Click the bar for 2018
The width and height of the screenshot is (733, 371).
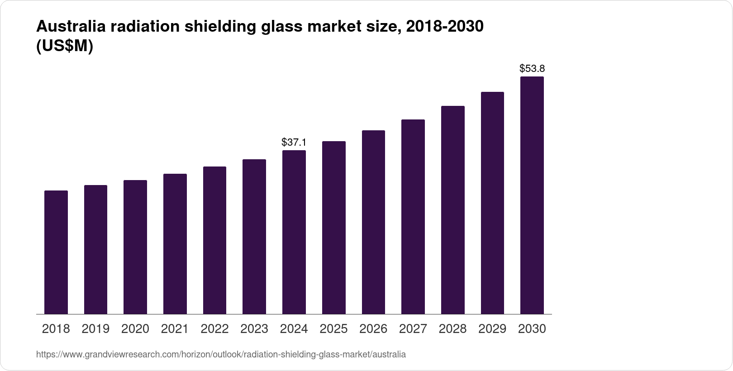point(56,252)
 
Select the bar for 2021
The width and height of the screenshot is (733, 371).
point(175,244)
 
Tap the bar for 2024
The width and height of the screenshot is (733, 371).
point(294,232)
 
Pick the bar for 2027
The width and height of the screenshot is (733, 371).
point(413,217)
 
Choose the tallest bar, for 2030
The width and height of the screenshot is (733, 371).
point(532,195)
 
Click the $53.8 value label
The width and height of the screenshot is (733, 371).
point(532,69)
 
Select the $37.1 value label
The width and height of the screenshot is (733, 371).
point(294,143)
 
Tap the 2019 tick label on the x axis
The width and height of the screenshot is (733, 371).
point(95,329)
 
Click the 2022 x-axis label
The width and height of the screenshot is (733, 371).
point(214,329)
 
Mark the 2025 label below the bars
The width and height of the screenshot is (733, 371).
point(333,329)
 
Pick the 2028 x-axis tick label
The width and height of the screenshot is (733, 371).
point(452,329)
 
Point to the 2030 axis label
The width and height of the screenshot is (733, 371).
point(532,329)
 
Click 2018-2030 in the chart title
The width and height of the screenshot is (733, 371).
point(445,27)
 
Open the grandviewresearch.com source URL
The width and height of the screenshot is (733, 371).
point(221,354)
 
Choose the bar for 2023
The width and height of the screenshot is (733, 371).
point(254,237)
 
